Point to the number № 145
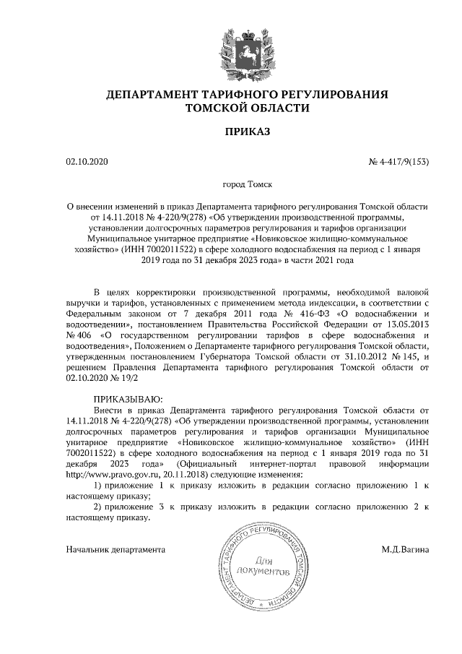point(409,356)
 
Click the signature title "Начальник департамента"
point(115,549)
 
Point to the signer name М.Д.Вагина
point(406,549)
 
